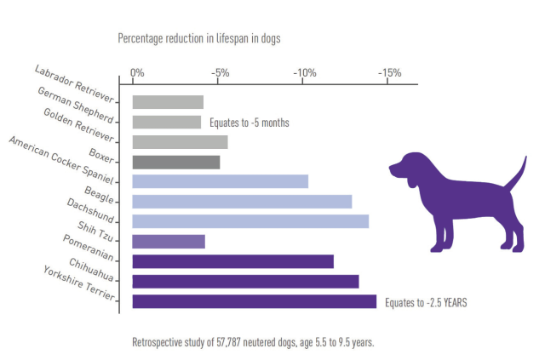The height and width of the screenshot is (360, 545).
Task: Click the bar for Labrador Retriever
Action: coord(168,102)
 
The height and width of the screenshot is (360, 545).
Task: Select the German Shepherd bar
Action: coord(167,123)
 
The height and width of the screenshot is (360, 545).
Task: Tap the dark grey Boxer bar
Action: coord(176,162)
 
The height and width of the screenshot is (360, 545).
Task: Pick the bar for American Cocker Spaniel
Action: coord(221,181)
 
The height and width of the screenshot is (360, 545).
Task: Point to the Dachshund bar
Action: coord(250,221)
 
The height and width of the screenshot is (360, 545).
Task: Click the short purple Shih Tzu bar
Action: coord(169,242)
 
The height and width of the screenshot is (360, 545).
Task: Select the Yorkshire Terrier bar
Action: coord(255,301)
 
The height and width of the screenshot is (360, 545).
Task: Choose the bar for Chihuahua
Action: coord(245,281)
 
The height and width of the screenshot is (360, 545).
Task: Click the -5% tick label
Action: coord(221,72)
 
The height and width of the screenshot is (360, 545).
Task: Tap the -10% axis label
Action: coord(306,72)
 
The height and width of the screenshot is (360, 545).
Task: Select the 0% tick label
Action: coord(136,72)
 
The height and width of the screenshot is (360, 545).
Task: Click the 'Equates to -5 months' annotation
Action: coord(249,123)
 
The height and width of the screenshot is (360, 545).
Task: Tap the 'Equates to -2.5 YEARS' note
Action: coord(426,301)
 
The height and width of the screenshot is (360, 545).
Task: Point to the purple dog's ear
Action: coord(410,174)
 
